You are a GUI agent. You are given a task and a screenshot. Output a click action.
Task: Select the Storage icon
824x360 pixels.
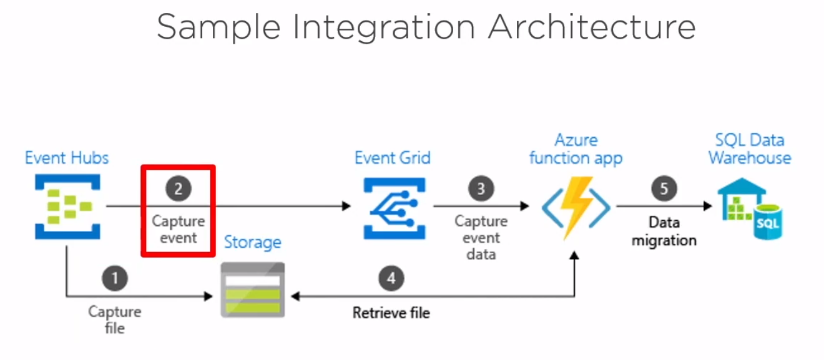(253, 290)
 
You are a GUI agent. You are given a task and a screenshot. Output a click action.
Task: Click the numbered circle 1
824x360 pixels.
(115, 278)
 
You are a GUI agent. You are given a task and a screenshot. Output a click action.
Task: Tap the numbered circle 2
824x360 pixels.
(178, 188)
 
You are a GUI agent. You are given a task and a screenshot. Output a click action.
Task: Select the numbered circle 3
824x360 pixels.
(480, 188)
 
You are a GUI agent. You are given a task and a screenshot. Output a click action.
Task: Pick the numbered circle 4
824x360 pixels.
(391, 278)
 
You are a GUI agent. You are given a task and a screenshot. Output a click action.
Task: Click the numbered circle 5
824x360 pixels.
(664, 188)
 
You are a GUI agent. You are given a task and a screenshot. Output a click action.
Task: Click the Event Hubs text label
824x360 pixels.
(67, 158)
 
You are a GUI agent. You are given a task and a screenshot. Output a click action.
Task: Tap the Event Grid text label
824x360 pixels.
(393, 158)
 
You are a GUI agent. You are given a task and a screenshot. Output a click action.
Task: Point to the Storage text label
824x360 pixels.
(252, 242)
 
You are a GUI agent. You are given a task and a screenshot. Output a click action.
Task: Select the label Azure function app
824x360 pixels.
(576, 149)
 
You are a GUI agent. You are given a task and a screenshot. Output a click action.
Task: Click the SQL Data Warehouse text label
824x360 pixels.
(749, 149)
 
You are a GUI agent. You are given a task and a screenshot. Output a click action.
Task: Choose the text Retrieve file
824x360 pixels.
(391, 313)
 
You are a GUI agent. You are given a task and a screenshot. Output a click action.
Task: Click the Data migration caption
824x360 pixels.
(664, 231)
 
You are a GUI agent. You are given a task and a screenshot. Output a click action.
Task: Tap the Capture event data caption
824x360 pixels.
(481, 238)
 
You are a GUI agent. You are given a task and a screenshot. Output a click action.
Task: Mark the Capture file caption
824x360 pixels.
(115, 319)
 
